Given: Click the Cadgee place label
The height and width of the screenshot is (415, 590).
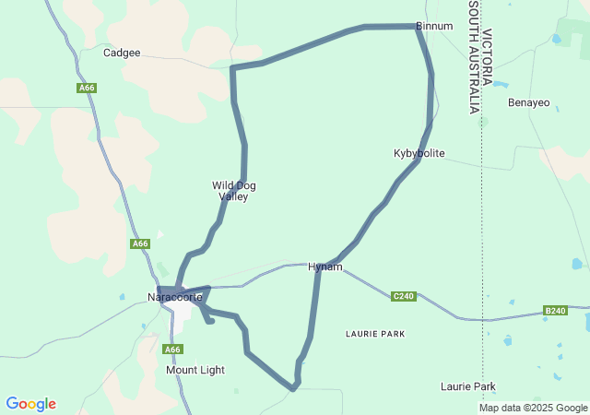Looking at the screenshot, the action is [x=122, y=53].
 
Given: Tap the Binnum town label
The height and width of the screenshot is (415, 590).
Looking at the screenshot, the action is [x=434, y=27].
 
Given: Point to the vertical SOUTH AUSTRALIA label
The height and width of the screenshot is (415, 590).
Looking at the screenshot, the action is [x=473, y=57].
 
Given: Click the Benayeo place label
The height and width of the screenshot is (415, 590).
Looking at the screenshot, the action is [x=529, y=101].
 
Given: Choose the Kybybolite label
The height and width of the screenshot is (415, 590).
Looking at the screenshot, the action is [x=419, y=153].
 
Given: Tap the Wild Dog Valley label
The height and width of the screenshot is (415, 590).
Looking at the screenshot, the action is [x=234, y=191].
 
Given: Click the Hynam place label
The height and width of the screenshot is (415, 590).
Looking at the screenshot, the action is [x=325, y=267].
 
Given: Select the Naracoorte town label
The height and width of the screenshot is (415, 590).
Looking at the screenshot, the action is [x=175, y=297].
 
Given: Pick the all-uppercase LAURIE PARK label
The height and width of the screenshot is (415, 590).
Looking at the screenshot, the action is [x=375, y=333].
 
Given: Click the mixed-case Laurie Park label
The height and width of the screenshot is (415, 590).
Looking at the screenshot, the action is [x=468, y=386].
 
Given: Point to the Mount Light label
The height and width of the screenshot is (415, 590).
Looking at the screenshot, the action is [x=195, y=370].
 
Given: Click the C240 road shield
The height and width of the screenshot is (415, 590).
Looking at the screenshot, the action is [x=403, y=296].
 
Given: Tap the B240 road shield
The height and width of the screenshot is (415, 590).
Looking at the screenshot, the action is [x=555, y=311].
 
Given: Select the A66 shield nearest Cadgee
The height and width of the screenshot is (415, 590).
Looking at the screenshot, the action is [x=87, y=89].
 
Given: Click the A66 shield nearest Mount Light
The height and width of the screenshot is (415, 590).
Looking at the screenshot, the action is [x=172, y=350].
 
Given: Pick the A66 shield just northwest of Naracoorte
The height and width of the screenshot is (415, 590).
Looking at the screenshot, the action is [x=139, y=243].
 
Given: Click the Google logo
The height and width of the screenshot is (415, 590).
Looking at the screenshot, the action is [x=30, y=404].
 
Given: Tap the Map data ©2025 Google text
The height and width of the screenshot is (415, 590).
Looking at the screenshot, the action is [x=532, y=408].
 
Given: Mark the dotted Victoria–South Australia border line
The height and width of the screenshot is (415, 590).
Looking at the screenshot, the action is [x=482, y=231].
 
